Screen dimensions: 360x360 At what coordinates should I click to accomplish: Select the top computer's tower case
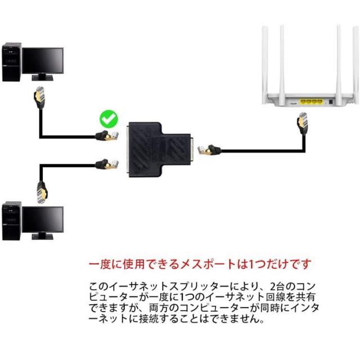click(12, 61)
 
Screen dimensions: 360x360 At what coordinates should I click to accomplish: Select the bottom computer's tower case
click(12, 220)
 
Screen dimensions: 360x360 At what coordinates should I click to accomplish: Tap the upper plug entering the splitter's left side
click(107, 135)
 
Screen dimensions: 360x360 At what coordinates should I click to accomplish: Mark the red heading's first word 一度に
click(104, 264)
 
